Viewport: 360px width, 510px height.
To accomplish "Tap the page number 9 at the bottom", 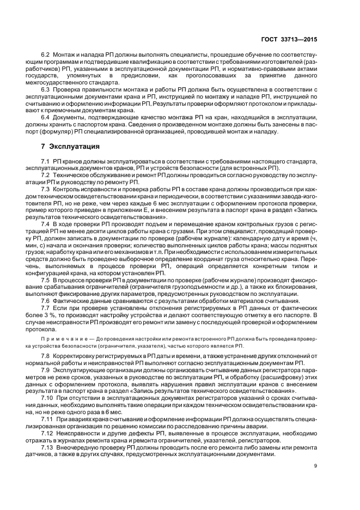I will [315, 465].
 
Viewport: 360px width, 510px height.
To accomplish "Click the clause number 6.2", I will [45, 56].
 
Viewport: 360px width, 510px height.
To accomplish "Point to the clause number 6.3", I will [45, 88].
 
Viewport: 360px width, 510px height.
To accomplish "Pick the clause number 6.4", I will [45, 117].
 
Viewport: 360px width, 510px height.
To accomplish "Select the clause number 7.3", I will [45, 189].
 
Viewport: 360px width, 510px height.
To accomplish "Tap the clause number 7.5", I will [45, 279].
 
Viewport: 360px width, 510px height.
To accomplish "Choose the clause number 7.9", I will [45, 369].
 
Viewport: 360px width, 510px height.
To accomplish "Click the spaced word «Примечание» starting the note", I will [53, 338].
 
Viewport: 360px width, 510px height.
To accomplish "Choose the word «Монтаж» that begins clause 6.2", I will [63, 56].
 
